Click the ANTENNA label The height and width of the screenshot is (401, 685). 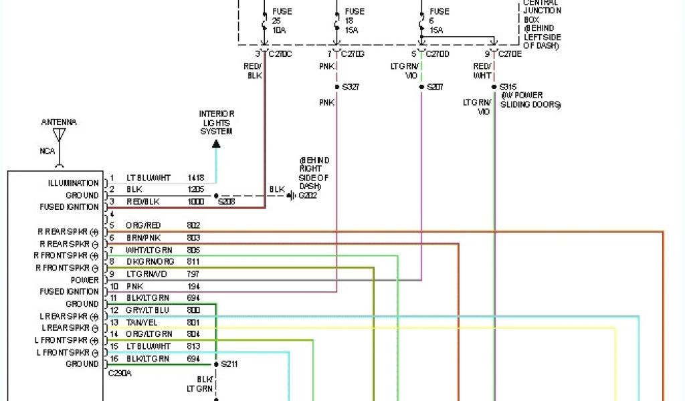59,122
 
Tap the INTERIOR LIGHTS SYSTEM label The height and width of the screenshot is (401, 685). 215,123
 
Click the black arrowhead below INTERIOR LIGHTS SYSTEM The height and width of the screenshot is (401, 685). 216,142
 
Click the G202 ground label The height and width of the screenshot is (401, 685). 308,196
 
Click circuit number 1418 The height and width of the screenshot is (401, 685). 196,178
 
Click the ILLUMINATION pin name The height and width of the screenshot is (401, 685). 74,183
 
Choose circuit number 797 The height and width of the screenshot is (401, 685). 193,274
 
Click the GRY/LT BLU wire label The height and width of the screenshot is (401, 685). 148,310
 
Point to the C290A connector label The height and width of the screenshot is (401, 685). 120,374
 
